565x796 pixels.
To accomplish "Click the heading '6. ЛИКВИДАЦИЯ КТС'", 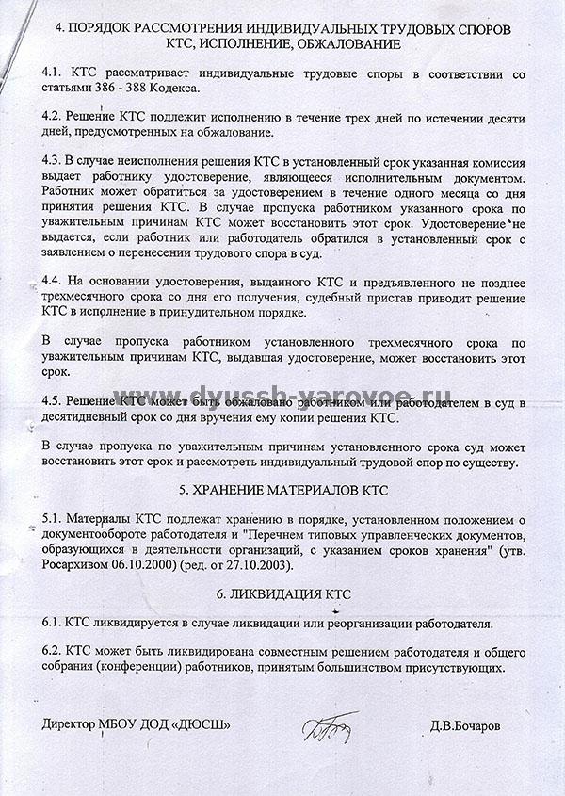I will [x=282, y=594].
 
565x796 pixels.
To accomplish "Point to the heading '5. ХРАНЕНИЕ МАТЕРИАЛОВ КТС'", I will [x=282, y=491].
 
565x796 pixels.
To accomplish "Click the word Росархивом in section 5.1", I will [x=78, y=565].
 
